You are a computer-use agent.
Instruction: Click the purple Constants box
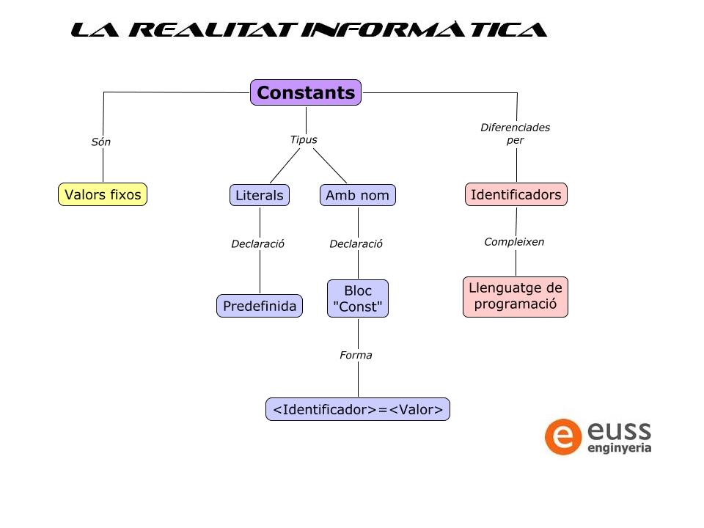(x=306, y=92)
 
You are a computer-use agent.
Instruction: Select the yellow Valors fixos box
(x=103, y=194)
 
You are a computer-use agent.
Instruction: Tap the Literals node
(x=260, y=195)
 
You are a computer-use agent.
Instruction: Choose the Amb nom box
(x=358, y=195)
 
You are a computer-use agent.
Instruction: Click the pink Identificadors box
(x=516, y=194)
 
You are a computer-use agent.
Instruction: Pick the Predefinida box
(x=260, y=306)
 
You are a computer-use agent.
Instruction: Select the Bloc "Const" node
(x=358, y=298)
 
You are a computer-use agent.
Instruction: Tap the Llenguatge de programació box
(x=516, y=297)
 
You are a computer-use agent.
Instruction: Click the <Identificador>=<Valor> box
(x=358, y=409)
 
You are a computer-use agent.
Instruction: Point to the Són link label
(x=101, y=142)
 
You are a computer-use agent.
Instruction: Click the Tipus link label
(x=304, y=139)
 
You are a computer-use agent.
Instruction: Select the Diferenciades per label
(x=516, y=133)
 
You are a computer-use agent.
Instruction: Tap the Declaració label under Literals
(x=257, y=243)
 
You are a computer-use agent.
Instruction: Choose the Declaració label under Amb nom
(x=356, y=243)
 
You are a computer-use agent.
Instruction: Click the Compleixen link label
(x=514, y=242)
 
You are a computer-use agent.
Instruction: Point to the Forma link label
(x=356, y=355)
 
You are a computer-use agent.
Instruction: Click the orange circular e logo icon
(x=563, y=437)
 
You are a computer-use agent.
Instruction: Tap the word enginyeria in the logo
(x=620, y=447)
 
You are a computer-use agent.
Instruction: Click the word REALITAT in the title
(x=213, y=29)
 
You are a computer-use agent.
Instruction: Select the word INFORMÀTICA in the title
(x=425, y=29)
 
